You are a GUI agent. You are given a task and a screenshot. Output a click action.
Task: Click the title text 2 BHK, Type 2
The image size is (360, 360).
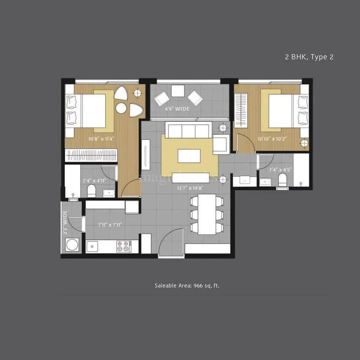coord(309,57)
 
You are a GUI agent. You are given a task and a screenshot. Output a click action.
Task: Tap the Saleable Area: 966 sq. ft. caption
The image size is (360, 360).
coord(187,286)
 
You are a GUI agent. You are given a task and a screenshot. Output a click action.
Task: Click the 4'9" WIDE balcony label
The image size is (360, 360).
coord(177,109)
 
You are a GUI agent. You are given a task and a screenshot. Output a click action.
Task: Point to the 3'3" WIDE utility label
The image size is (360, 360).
coord(64,220)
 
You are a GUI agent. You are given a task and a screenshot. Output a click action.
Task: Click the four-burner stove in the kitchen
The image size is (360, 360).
coord(124,246)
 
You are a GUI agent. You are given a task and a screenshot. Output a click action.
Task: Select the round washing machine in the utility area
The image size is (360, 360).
coord(73,246)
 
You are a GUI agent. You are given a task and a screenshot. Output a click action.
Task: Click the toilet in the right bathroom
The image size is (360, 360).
coord(282,181)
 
